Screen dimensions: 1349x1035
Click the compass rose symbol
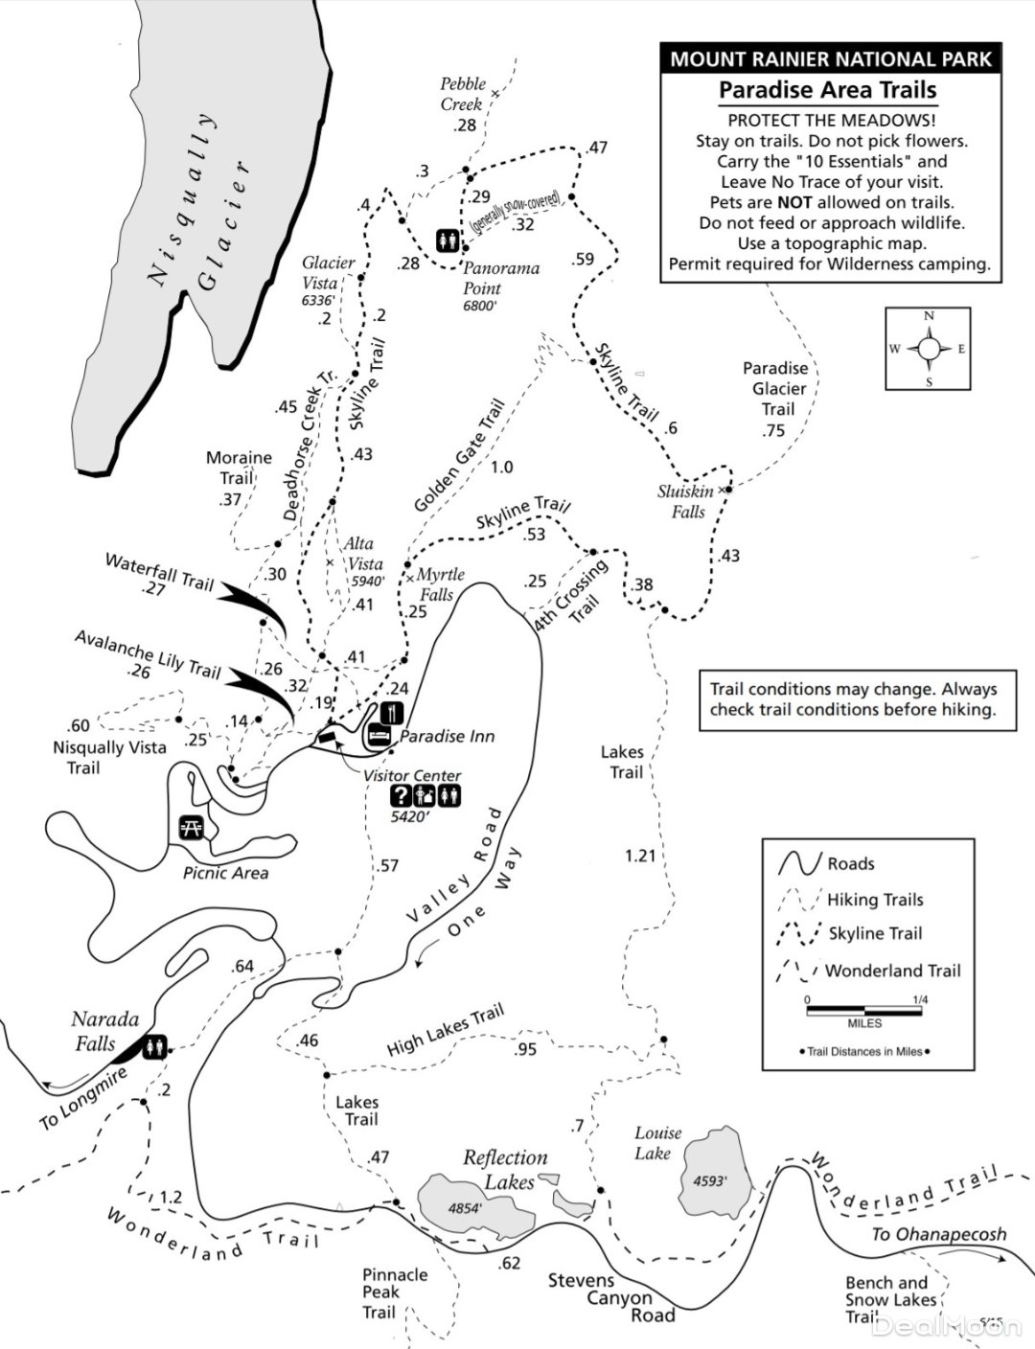click(x=928, y=349)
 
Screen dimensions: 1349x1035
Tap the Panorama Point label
click(x=500, y=278)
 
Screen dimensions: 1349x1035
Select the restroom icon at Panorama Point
click(x=448, y=240)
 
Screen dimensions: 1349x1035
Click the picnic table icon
click(x=190, y=827)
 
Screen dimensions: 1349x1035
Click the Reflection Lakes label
click(x=505, y=1170)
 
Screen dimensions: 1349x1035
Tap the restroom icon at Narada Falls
click(x=155, y=1048)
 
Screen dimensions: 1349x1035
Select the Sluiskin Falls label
click(x=686, y=501)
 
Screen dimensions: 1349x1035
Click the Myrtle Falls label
click(x=441, y=583)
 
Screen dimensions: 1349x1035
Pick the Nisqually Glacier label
click(x=201, y=201)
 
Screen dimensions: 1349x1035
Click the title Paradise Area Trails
click(x=827, y=90)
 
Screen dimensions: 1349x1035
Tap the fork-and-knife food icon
click(x=391, y=713)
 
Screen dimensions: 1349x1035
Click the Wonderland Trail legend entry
click(x=891, y=971)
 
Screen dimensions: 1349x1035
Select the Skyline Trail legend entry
click(x=875, y=933)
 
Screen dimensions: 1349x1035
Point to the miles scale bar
click(x=865, y=1011)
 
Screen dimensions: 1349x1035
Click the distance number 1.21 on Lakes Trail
click(x=639, y=855)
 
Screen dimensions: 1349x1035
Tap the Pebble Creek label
click(x=463, y=94)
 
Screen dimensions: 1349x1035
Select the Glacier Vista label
click(x=328, y=273)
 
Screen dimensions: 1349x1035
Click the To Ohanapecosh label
click(x=938, y=1234)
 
